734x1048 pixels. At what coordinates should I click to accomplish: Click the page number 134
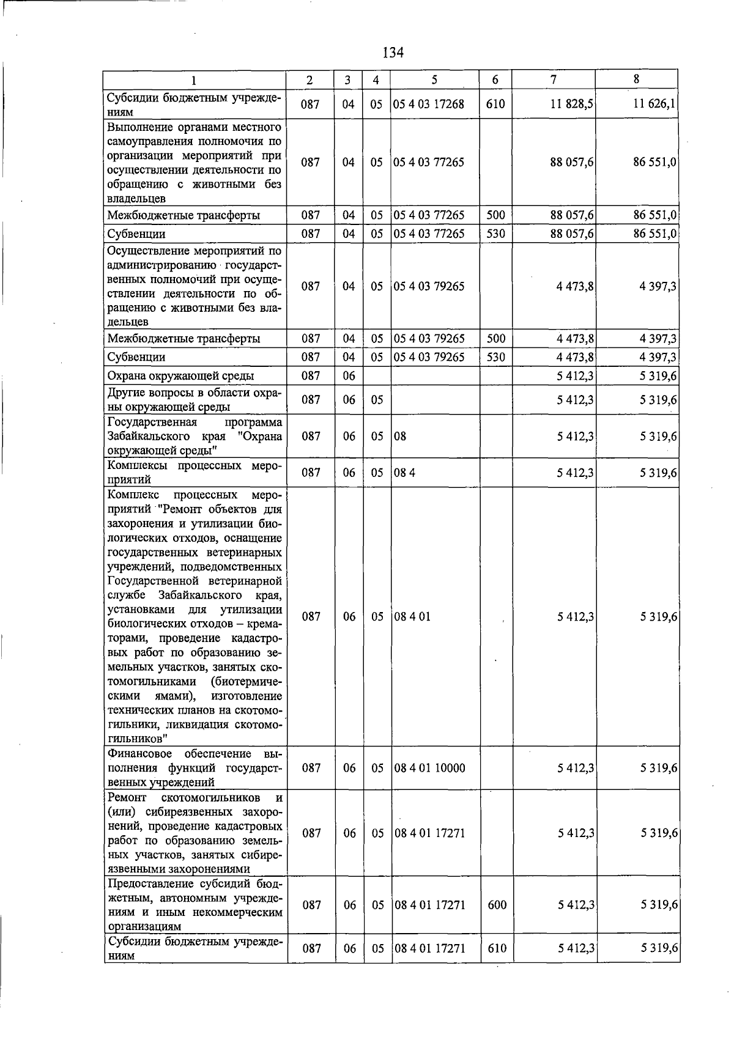[393, 53]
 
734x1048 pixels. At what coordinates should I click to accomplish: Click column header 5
[434, 80]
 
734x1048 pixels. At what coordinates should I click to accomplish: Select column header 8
[637, 79]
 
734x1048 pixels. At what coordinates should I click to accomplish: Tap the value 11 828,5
[571, 104]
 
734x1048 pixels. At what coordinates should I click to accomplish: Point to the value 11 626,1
[654, 104]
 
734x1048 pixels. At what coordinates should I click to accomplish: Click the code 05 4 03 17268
[429, 104]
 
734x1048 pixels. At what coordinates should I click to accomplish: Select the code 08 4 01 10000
[429, 767]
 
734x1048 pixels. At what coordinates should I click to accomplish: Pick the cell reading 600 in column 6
[497, 904]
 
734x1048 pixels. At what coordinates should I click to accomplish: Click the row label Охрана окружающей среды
[180, 375]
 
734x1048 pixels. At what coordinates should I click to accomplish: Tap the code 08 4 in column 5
[404, 473]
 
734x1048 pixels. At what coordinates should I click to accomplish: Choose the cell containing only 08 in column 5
[400, 437]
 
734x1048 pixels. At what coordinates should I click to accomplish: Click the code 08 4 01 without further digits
[412, 616]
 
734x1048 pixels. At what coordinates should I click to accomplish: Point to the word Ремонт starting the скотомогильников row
[127, 797]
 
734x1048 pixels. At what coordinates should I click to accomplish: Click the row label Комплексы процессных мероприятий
[195, 473]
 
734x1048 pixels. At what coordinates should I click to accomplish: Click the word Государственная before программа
[152, 423]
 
